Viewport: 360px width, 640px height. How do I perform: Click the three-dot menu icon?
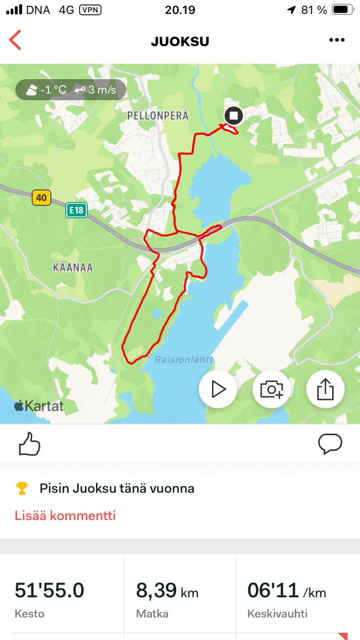coord(337,41)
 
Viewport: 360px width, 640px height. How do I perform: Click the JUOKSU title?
coord(180,42)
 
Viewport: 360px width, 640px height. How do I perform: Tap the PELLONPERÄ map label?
coord(158,116)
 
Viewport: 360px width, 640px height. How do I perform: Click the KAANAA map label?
coord(73,268)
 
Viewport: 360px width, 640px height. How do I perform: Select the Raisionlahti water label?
coord(183,360)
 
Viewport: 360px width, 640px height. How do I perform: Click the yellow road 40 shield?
coord(42,198)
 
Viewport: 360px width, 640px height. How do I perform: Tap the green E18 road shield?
coord(76,210)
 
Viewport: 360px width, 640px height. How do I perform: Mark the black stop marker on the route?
coord(233,116)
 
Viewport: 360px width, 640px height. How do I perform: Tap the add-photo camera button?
coord(271,389)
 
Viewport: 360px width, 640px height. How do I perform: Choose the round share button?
coord(325,389)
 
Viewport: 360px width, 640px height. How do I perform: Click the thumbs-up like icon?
coord(30,444)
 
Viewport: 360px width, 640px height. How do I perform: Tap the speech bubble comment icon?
coord(330,444)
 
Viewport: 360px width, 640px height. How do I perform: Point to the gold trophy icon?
coord(22,488)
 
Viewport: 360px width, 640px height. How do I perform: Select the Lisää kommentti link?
coord(65,516)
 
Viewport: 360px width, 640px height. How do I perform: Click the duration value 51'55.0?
coord(49,591)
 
